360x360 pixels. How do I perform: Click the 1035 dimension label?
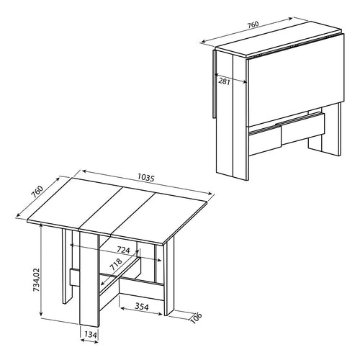pos(145,178)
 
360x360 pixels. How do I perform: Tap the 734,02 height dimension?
pos(37,279)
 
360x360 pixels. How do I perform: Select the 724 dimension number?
pos(123,250)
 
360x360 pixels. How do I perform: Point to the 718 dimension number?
pos(116,264)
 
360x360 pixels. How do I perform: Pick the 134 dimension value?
pos(91,335)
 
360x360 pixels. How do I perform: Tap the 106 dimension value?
pos(197,318)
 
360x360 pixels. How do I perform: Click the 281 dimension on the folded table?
pos(225,81)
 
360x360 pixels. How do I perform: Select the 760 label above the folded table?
pos(253,24)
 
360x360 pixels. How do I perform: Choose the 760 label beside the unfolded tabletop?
pos(37,192)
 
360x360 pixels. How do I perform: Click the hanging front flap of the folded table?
pos(296,81)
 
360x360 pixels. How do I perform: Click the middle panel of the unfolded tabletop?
pos(119,210)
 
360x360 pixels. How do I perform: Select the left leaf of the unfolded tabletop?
pos(74,202)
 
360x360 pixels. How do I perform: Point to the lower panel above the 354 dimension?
pos(142,289)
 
